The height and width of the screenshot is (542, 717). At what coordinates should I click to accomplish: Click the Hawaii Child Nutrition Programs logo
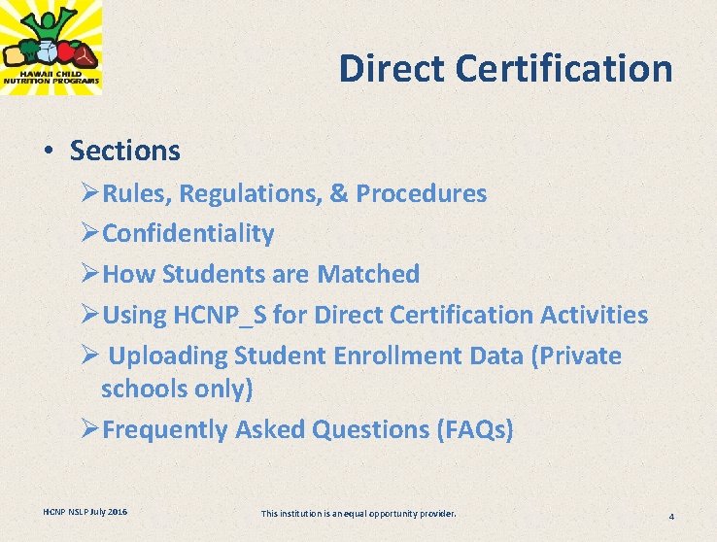point(51,47)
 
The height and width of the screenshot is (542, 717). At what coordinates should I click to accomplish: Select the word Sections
point(125,151)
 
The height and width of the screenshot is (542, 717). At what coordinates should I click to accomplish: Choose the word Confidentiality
point(188,234)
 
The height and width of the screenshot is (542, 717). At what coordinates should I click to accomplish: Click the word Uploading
point(168,356)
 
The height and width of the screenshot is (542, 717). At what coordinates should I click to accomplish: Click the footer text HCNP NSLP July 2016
point(85,511)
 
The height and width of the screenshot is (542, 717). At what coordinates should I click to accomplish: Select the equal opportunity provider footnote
point(358,512)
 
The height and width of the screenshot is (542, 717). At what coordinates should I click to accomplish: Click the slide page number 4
point(671,516)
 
